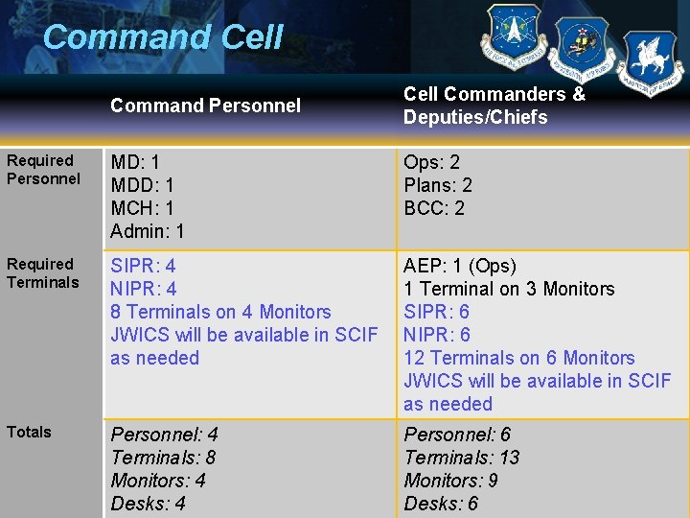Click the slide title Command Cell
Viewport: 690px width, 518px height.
[163, 38]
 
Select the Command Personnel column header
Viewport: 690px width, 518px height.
[205, 106]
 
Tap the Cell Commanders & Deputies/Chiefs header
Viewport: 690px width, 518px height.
[494, 106]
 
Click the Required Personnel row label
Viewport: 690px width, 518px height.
[43, 170]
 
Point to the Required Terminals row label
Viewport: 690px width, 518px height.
[43, 273]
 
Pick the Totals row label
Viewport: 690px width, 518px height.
[29, 432]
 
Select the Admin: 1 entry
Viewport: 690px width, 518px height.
[148, 231]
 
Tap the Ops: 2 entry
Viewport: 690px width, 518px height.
[431, 162]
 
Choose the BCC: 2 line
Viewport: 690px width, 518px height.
[434, 208]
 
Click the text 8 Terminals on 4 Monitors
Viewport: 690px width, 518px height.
[220, 312]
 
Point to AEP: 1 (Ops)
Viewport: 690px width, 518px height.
[460, 266]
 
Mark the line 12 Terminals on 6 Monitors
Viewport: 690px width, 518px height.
[518, 358]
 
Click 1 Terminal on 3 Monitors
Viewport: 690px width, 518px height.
[509, 289]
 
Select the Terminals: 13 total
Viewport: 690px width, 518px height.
[461, 458]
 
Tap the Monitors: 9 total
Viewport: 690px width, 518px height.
[450, 481]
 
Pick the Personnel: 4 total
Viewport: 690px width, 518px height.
[164, 435]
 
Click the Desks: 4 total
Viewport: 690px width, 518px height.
[148, 504]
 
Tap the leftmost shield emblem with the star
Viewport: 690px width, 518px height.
[514, 36]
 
